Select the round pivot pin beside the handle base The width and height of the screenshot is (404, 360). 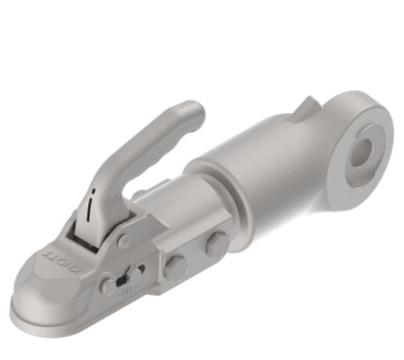point(124,241)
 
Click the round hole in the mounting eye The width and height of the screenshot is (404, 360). point(362,151)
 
